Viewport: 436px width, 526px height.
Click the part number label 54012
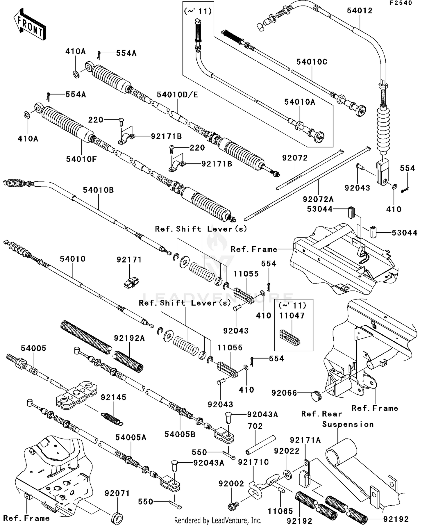pyautogui.click(x=359, y=11)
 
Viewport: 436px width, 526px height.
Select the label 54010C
pyautogui.click(x=312, y=62)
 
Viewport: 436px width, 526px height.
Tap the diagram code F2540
pyautogui.click(x=401, y=3)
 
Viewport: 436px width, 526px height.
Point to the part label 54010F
pyautogui.click(x=81, y=159)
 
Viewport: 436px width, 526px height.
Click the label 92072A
pyautogui.click(x=318, y=199)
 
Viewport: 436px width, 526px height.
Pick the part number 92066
pyautogui.click(x=284, y=393)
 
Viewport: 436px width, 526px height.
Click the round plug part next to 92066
pyautogui.click(x=316, y=396)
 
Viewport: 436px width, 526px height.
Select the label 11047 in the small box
pyautogui.click(x=292, y=316)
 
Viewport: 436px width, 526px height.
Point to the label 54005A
pyautogui.click(x=131, y=438)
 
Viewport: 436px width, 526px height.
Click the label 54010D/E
pyautogui.click(x=177, y=95)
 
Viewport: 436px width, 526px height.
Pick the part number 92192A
pyautogui.click(x=129, y=338)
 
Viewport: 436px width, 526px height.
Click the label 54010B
pyautogui.click(x=98, y=190)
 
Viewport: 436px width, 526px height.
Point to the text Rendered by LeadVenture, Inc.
pyautogui.click(x=218, y=520)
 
